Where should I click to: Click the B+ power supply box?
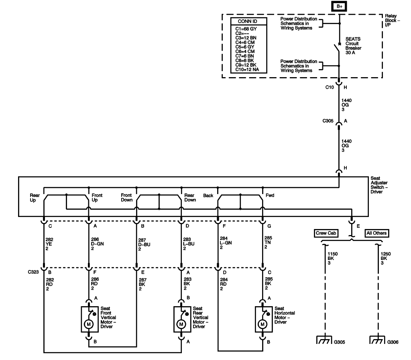click(x=339, y=6)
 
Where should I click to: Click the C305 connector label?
click(x=330, y=120)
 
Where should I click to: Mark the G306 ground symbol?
click(x=376, y=341)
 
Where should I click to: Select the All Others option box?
click(x=376, y=233)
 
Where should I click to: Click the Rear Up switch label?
click(x=35, y=198)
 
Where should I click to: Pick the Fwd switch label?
click(x=270, y=196)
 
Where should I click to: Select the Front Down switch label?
click(x=126, y=198)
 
